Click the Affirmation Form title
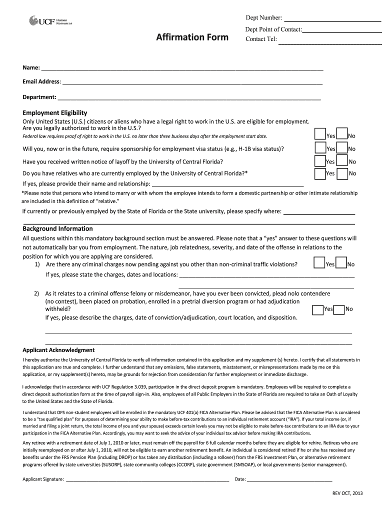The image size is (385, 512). (x=192, y=37)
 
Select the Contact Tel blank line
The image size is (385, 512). (x=329, y=43)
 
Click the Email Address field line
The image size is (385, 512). (x=192, y=83)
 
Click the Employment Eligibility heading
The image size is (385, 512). (x=55, y=113)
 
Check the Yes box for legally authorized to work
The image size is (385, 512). (x=319, y=134)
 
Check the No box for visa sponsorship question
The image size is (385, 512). (x=342, y=147)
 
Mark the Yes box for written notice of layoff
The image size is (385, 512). (x=319, y=160)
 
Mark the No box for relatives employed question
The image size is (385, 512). (x=342, y=173)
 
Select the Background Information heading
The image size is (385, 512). (x=57, y=228)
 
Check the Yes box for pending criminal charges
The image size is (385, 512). (x=319, y=263)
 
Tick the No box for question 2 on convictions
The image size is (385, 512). (x=339, y=310)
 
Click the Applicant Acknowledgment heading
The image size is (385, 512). (x=58, y=350)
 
